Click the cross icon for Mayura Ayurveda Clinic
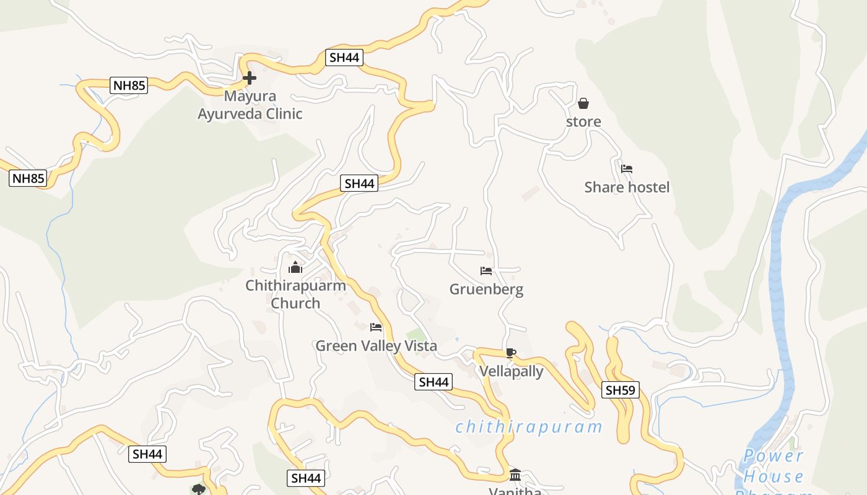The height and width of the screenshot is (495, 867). point(250,78)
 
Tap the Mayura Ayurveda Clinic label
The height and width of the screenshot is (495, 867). point(250,105)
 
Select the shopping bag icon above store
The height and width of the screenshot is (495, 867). point(583,103)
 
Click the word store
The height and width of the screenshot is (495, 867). point(583,121)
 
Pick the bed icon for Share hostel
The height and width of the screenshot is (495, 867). point(627,168)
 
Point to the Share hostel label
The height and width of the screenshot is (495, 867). point(627,187)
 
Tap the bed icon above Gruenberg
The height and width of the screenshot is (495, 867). point(486,271)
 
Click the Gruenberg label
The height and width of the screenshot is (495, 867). point(486,289)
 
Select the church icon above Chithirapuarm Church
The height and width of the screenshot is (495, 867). point(295,267)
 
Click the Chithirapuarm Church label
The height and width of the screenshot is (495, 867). point(295,294)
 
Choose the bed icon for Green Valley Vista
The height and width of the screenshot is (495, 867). point(376,327)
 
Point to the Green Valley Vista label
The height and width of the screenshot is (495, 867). point(376,346)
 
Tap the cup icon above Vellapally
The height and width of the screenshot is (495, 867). point(511,353)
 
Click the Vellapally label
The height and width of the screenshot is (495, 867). point(512,371)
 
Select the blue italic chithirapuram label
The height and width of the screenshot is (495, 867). point(529,427)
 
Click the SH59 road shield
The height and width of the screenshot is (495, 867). point(620,390)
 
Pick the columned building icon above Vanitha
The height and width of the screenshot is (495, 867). point(515,475)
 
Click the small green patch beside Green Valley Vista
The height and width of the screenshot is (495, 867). point(416,336)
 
